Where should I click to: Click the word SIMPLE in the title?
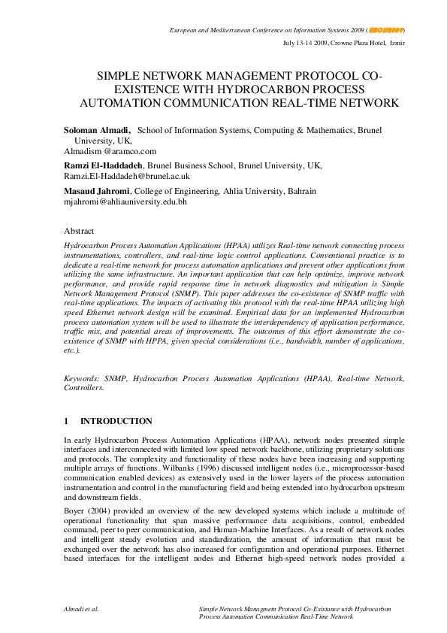[122, 77]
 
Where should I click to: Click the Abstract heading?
[79, 232]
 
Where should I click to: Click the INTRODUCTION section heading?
[116, 421]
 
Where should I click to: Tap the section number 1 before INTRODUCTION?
[66, 421]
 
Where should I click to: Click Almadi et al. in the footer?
[83, 606]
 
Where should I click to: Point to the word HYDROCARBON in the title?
[279, 89]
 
